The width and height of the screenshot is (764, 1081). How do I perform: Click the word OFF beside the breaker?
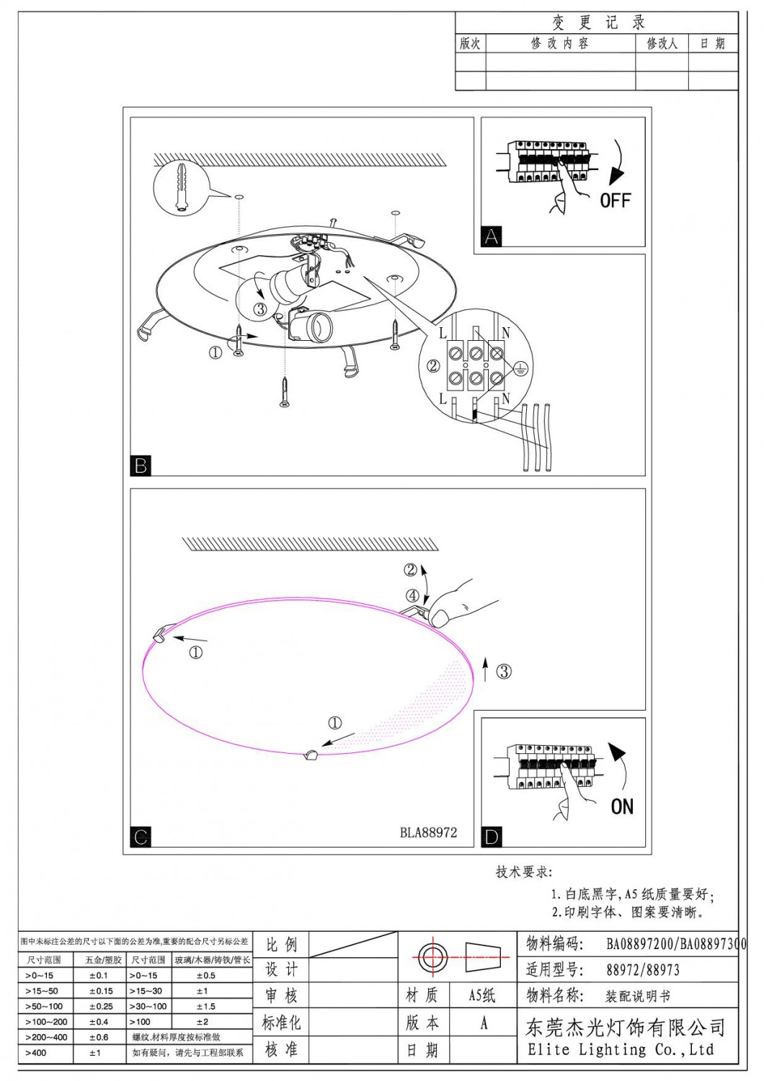point(615,200)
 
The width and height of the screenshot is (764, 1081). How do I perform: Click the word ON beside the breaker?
point(621,806)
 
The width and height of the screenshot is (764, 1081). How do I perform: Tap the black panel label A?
point(492,236)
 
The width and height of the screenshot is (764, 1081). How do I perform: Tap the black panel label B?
point(141,465)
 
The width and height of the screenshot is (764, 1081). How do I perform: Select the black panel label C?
point(141,837)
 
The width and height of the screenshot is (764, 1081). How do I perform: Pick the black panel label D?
point(492,837)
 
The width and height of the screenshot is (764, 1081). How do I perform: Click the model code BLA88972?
point(428,832)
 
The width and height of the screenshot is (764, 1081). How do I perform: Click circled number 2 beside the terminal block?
point(433,366)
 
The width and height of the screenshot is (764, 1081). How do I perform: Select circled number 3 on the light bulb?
point(260,309)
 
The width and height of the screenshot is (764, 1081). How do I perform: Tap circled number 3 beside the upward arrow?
point(504,672)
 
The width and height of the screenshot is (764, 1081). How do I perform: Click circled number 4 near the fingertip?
point(412,596)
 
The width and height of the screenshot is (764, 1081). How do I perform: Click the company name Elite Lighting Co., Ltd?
point(620,1049)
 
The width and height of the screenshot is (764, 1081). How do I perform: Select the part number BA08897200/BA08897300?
point(675,943)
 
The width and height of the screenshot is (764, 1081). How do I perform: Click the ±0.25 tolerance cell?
point(101,1006)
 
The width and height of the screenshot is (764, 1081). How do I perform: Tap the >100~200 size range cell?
point(46,1022)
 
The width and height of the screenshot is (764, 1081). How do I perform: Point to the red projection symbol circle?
point(433,957)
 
